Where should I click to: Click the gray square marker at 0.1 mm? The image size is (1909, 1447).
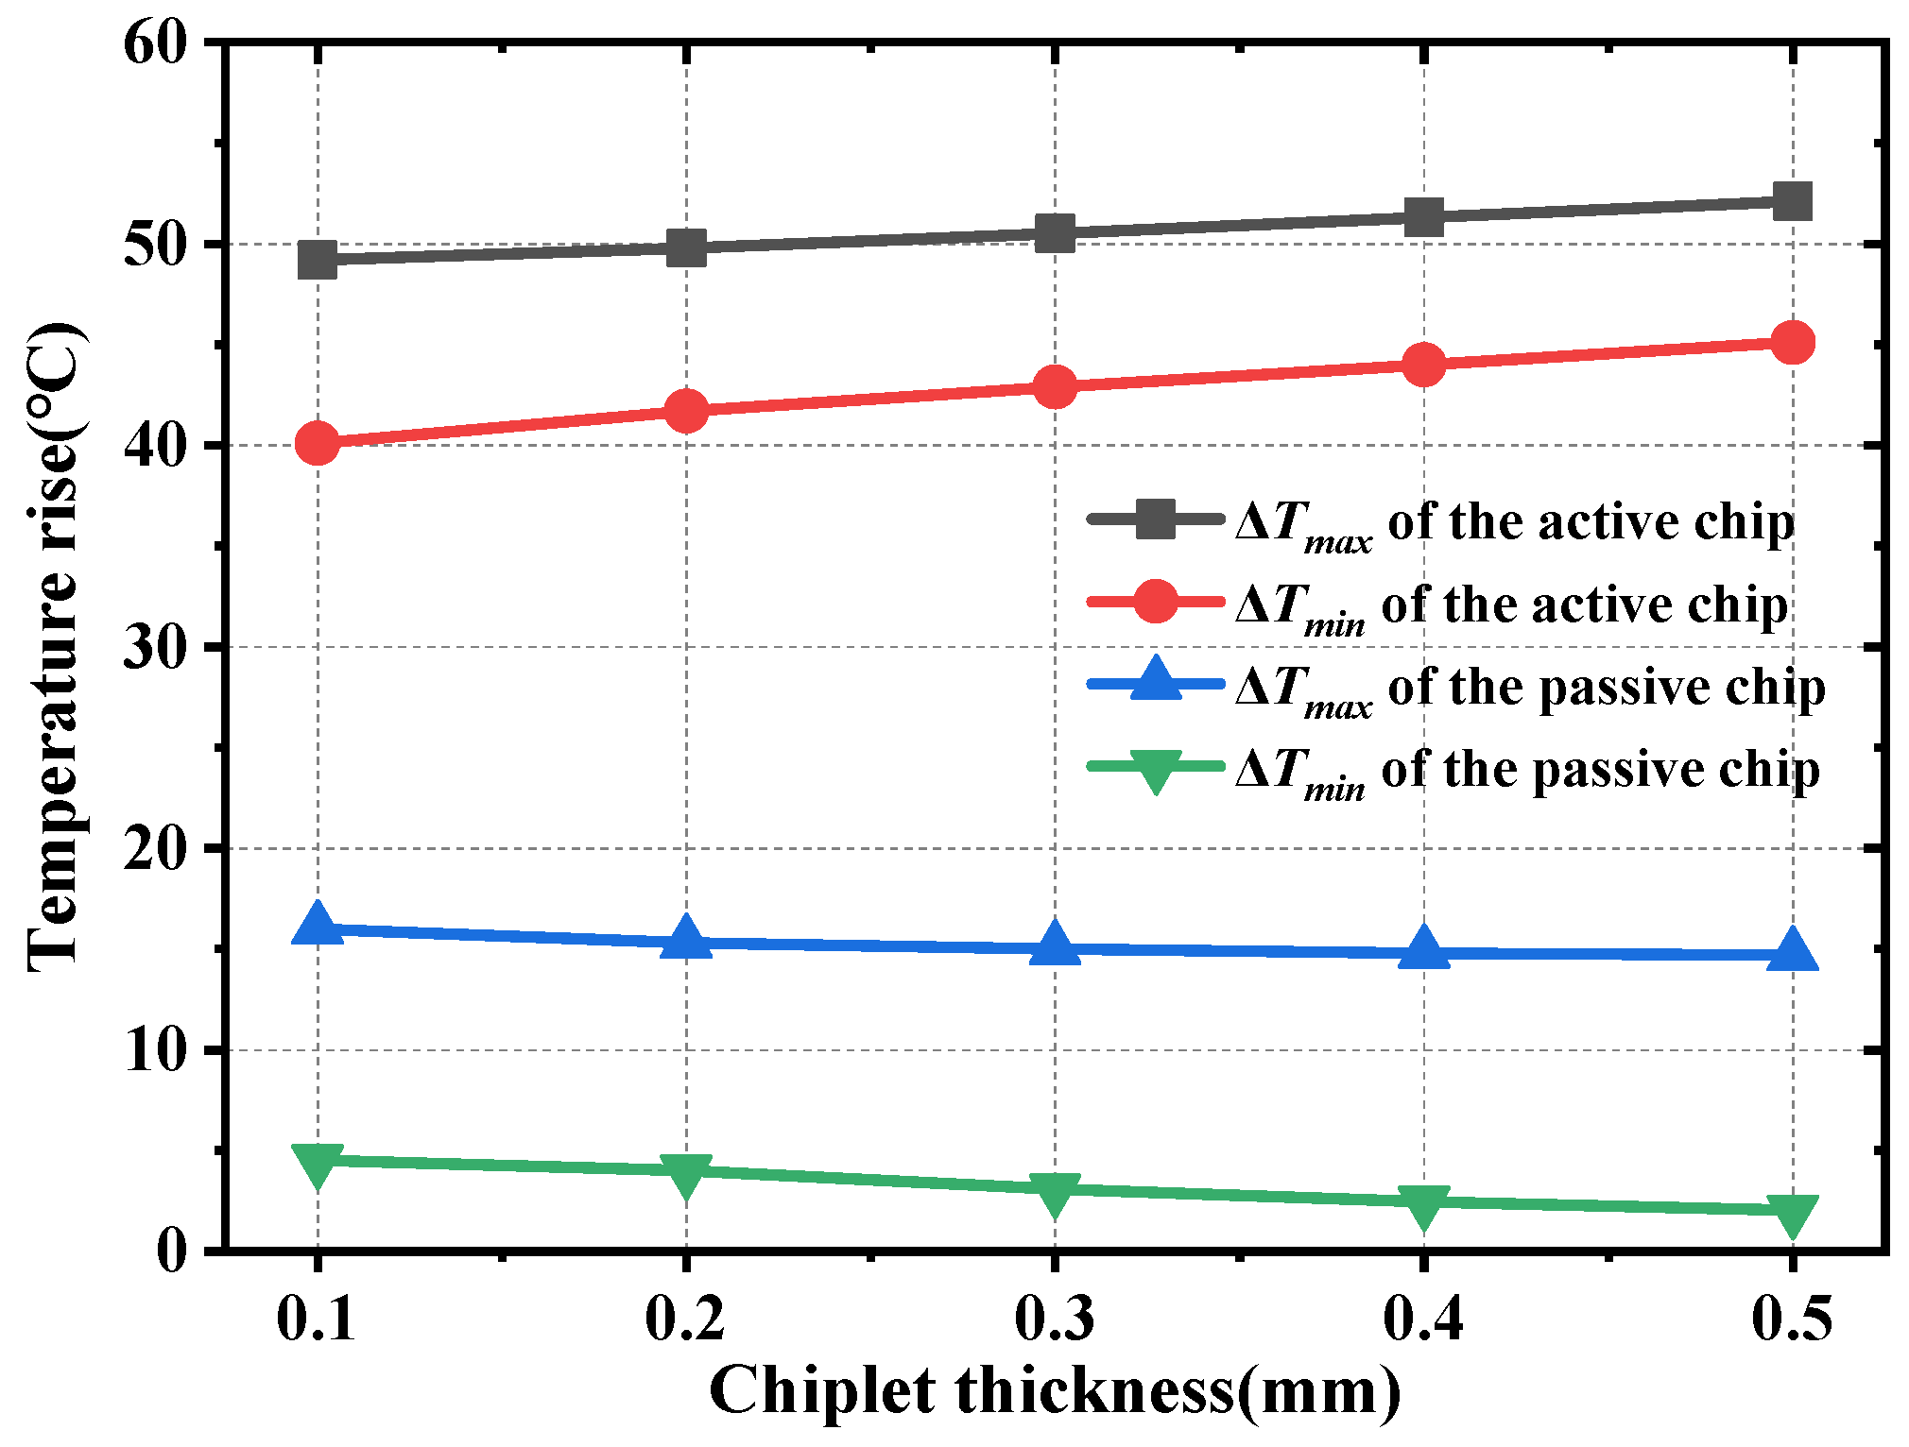(318, 259)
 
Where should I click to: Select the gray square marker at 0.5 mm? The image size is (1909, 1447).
(1792, 201)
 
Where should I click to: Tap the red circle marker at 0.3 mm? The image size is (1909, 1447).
(1055, 386)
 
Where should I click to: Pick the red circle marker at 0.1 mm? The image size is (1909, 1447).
(318, 442)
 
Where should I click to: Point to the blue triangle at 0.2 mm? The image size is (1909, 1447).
(686, 938)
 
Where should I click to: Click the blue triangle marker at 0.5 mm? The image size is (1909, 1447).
(1792, 949)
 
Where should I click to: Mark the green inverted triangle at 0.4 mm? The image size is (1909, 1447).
(1423, 1205)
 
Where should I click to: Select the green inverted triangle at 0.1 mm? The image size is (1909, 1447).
(318, 1164)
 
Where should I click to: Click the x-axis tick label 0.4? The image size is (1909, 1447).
(1422, 1318)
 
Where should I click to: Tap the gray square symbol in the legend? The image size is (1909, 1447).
(1155, 519)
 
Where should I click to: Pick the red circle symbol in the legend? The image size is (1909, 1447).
(1155, 602)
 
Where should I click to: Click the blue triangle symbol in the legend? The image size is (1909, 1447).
(1155, 680)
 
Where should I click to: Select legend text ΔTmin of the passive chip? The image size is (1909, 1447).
(1527, 771)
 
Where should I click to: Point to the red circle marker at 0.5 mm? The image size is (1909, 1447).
(1792, 342)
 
